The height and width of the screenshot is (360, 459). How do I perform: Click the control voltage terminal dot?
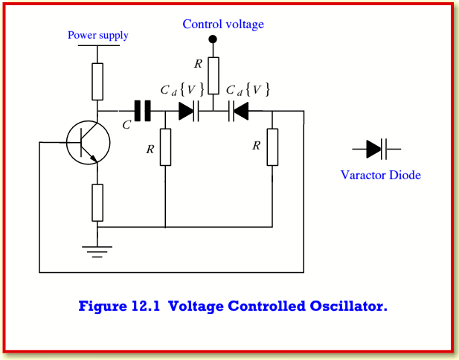click(x=213, y=39)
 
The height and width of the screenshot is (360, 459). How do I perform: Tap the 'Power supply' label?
click(x=97, y=35)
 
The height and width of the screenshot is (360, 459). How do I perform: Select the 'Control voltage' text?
click(x=223, y=24)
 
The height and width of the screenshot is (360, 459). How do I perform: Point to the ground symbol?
click(x=97, y=251)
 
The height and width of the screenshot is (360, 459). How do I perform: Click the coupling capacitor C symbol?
click(x=143, y=111)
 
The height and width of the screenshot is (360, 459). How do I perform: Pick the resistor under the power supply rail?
click(x=97, y=82)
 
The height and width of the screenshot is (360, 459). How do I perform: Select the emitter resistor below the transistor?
click(x=97, y=202)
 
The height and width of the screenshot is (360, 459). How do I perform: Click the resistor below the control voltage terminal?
click(x=214, y=76)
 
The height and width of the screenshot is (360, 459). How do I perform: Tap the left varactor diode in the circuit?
click(x=189, y=111)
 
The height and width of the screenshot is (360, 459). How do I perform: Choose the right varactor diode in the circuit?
click(x=238, y=111)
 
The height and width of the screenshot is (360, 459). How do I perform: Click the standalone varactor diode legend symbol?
click(x=376, y=149)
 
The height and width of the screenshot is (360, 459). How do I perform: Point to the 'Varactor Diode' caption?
click(x=381, y=175)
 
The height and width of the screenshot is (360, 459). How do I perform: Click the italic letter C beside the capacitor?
click(x=126, y=125)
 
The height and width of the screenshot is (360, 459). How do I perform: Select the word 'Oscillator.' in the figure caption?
click(x=348, y=306)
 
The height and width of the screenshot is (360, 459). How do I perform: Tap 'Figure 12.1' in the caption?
click(x=119, y=306)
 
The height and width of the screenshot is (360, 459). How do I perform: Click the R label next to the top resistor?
click(x=198, y=64)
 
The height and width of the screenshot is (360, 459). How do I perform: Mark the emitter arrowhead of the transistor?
click(x=94, y=158)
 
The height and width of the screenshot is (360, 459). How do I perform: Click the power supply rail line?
click(x=99, y=45)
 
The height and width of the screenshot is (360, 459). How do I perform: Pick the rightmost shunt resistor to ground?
click(x=272, y=147)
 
